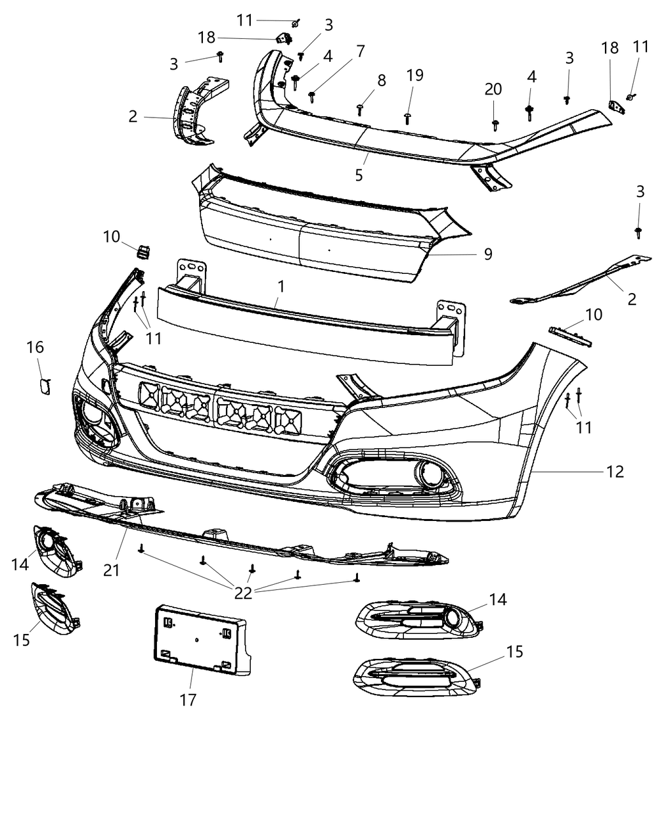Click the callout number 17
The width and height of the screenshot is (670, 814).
point(188,700)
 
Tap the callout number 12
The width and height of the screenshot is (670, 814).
point(615,472)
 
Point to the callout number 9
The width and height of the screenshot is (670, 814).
point(488,254)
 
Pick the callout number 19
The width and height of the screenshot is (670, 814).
point(415,75)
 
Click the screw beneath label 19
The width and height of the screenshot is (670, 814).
point(408,117)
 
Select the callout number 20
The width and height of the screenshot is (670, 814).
point(493,89)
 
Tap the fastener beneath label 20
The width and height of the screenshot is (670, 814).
point(495,124)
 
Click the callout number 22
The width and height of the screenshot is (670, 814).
point(243,593)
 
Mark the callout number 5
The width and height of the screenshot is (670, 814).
point(359,174)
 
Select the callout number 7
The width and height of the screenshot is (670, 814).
point(361,51)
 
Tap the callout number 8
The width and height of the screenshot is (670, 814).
point(382,80)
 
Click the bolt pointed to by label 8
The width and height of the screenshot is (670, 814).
point(360,110)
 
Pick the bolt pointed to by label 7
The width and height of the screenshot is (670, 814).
point(312,96)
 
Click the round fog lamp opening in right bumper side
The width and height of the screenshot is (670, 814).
point(426,473)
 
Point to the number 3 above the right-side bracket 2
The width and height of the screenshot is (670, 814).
point(640,192)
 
